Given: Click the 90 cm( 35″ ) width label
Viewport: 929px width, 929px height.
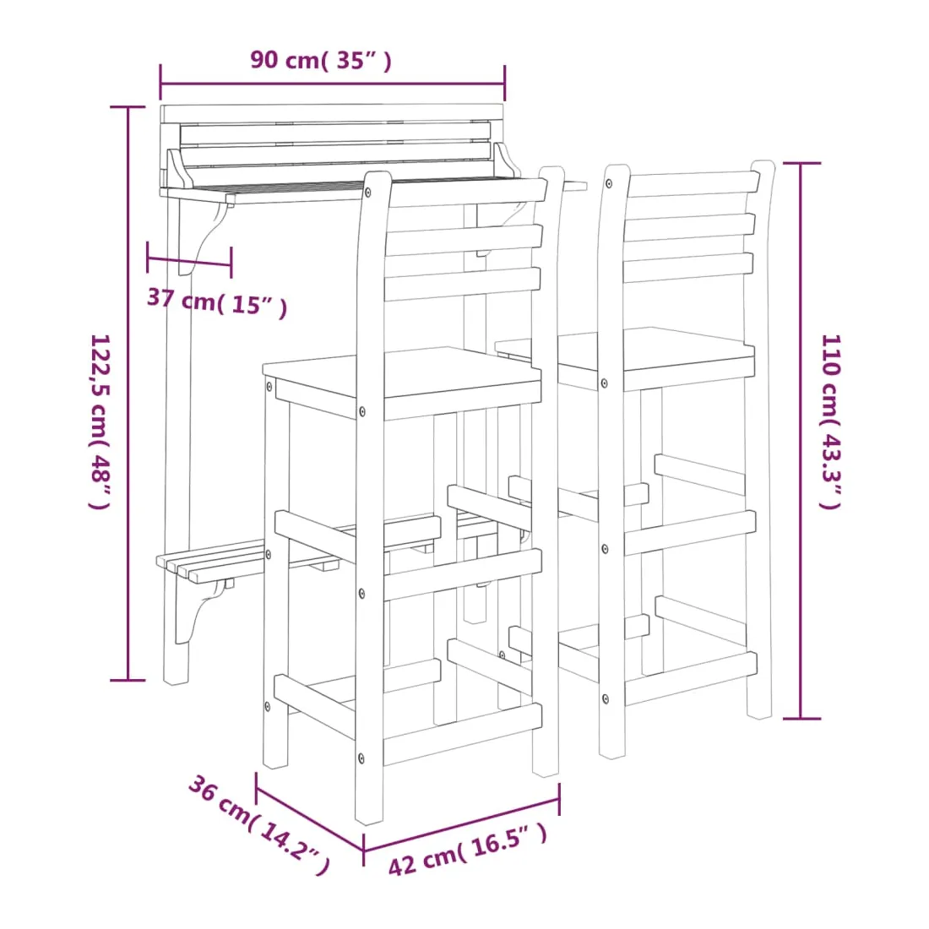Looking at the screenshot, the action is tap(321, 61).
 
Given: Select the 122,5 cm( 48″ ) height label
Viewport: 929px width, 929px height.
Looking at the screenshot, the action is tap(101, 421).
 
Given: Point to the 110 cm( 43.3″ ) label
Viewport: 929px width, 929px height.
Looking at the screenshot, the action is tap(830, 421).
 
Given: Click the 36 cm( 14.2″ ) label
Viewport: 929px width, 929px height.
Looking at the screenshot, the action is tap(259, 824).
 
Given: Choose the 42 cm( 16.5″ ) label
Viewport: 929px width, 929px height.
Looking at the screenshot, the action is tap(468, 849).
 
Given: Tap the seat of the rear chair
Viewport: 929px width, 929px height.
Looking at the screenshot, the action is tap(625, 356).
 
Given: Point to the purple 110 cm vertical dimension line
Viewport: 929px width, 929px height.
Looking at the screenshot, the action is tap(801, 441).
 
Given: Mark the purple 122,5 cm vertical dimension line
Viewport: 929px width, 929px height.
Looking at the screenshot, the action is tap(128, 394).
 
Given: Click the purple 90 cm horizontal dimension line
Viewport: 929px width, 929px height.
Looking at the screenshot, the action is tap(333, 83).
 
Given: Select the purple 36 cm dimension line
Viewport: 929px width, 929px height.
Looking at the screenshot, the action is tap(310, 812).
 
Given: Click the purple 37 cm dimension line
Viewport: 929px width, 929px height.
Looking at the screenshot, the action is tap(189, 261).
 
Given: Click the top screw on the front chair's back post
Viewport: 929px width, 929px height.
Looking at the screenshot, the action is tap(368, 192).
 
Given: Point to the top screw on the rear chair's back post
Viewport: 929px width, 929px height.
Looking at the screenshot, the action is tap(609, 184).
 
